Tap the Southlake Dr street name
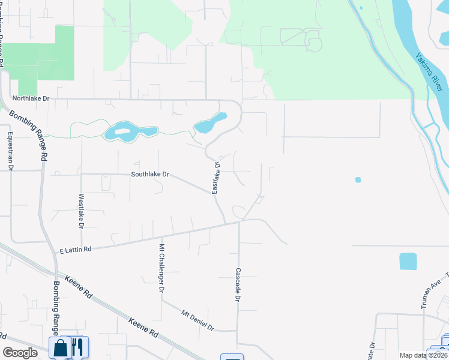coord(150,175)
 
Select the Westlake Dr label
coord(80,211)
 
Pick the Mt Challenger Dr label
coord(161,268)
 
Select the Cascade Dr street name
coord(238,284)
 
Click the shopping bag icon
coord(61,347)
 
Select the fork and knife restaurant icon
coord(77,347)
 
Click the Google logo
coord(20,353)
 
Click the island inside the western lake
coord(122,131)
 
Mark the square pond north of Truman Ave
coord(408,261)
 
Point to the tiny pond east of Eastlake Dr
coord(358,179)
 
